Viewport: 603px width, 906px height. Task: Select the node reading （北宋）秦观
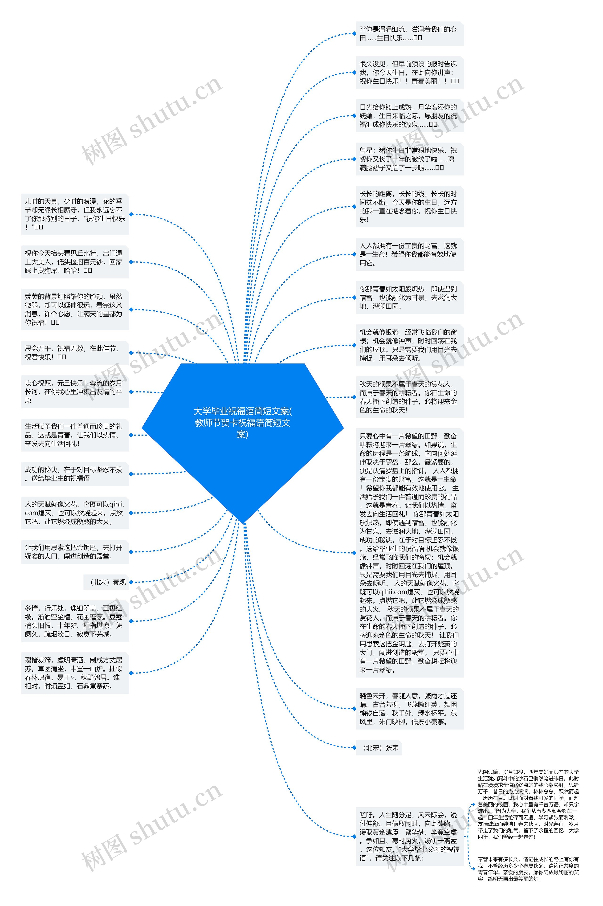point(108,582)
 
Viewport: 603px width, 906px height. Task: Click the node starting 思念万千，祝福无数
point(75,353)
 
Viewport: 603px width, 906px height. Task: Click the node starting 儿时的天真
point(75,214)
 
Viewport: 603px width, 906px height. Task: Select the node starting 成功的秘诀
point(75,474)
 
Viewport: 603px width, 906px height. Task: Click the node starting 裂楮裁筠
point(75,673)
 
